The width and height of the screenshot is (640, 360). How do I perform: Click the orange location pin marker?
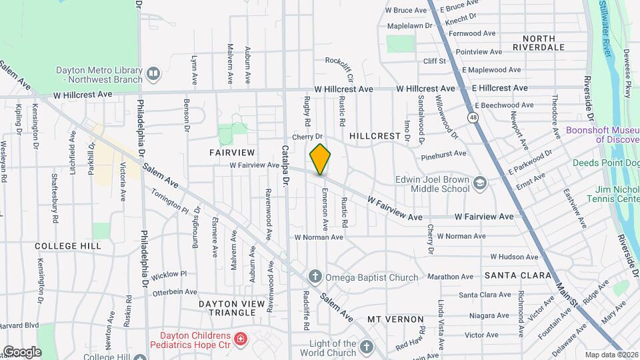[x=320, y=159]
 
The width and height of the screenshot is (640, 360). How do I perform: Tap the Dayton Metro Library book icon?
[x=154, y=73]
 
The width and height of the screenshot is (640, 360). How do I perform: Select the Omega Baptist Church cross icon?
[x=315, y=277]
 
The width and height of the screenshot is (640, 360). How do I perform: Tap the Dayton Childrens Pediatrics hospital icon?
[x=240, y=339]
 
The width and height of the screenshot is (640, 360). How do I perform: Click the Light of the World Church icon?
[x=366, y=347]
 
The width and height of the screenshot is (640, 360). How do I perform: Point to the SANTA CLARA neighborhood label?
[x=518, y=275]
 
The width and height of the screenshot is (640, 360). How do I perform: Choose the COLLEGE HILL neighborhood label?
[x=69, y=246]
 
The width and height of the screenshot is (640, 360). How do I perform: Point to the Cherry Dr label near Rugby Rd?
[x=307, y=137]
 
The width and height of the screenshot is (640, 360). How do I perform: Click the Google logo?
[x=21, y=351]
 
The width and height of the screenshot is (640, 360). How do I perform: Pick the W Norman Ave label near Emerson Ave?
[x=319, y=237]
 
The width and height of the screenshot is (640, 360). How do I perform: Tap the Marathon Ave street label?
[x=451, y=277]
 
